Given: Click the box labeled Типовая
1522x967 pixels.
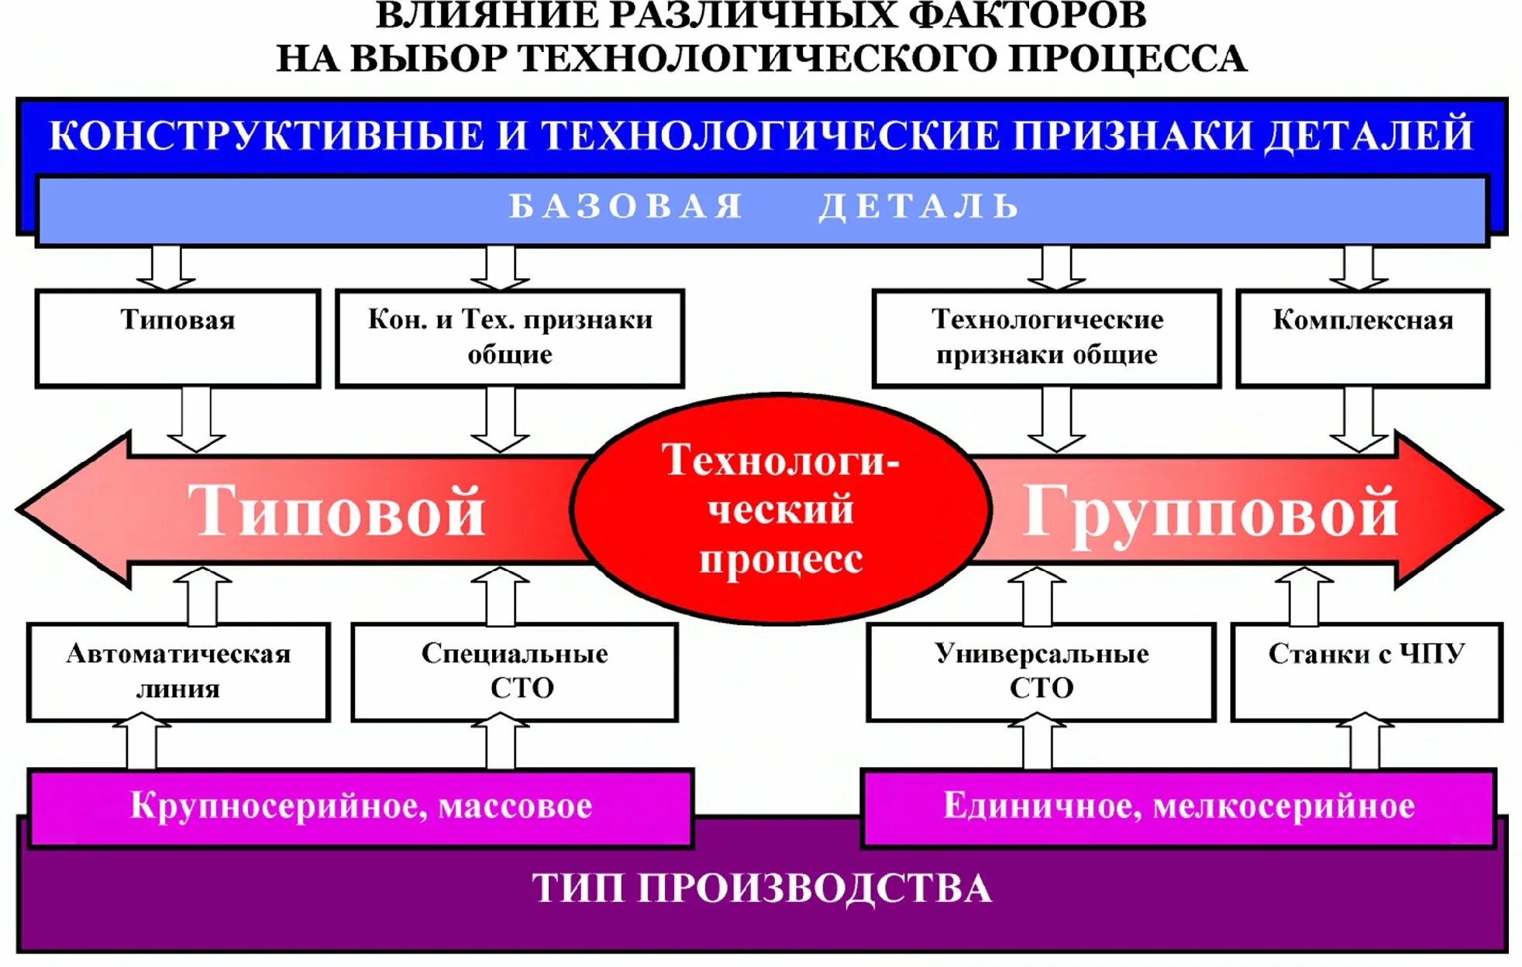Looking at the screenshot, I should click(177, 338).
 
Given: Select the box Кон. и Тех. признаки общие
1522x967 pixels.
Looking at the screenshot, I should click(510, 338).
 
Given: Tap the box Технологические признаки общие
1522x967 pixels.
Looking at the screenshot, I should click(1046, 338).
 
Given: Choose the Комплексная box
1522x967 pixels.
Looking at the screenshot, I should click(1362, 338).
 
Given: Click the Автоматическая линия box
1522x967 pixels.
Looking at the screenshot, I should click(178, 672).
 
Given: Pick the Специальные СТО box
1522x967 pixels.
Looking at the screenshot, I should click(515, 672).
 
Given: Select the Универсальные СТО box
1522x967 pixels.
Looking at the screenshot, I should click(1041, 672).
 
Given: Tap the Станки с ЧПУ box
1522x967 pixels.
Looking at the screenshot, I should click(1366, 672).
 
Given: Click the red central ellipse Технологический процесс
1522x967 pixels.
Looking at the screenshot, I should click(781, 508).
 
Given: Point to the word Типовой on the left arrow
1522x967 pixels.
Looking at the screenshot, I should click(336, 511).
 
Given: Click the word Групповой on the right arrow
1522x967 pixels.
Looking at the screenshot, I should click(1210, 511).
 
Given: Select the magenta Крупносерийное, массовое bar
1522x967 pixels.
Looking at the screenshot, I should click(360, 807).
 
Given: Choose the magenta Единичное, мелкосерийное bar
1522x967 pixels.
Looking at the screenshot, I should click(1178, 807).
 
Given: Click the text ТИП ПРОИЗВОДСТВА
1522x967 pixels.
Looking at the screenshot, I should click(761, 888).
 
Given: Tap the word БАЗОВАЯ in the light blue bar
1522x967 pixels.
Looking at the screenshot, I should click(626, 206).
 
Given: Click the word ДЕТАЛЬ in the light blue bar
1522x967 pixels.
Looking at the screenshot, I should click(919, 206).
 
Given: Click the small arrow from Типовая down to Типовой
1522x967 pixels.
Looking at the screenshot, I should click(196, 419).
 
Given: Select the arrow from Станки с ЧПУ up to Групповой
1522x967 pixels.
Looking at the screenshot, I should click(1304, 596).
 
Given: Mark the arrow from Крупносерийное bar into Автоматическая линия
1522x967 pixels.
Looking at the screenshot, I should click(142, 742).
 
